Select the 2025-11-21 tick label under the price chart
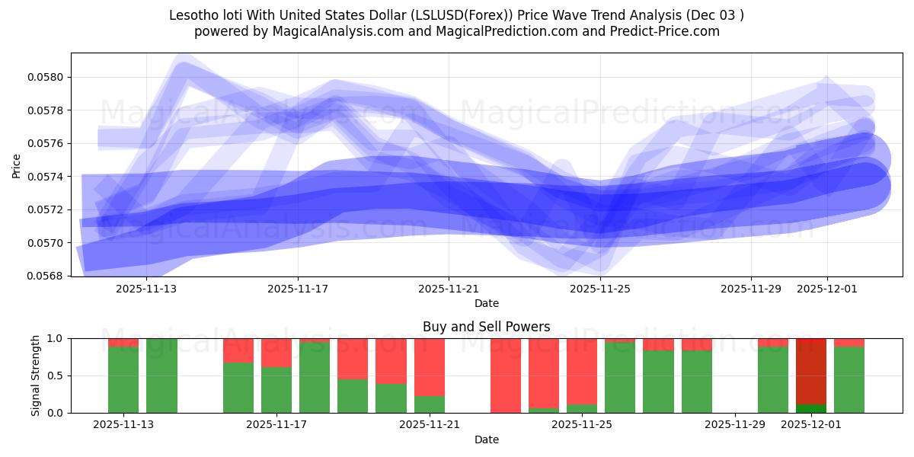(449, 289)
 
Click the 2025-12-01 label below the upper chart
(827, 289)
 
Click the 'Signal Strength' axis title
(35, 376)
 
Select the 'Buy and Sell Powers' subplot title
(486, 327)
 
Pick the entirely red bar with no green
(506, 376)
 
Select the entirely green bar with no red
(161, 376)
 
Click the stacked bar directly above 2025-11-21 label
(430, 376)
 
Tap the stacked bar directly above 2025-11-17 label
(276, 376)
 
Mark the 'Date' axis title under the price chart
(487, 303)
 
